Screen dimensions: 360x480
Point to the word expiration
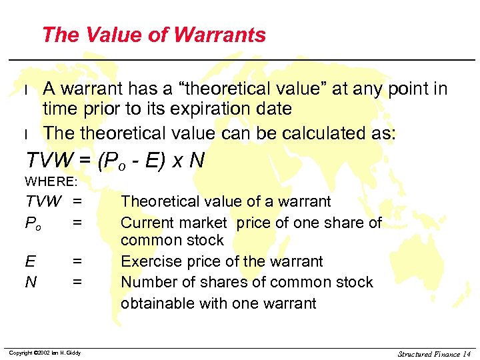(234, 109)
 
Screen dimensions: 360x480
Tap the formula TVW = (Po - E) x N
(114, 160)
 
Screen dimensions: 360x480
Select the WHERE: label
(51, 181)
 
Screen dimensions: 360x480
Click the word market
(202, 222)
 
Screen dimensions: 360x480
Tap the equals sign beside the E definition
(78, 261)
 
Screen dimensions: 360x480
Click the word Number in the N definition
(146, 282)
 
